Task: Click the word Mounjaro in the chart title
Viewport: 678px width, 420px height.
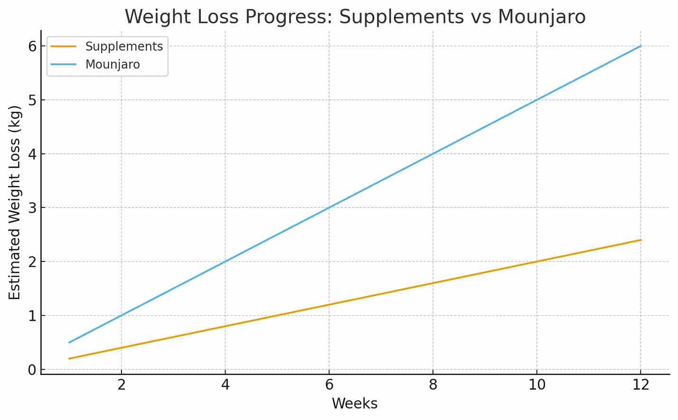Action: [541, 17]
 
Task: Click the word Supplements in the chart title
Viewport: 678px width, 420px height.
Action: [401, 17]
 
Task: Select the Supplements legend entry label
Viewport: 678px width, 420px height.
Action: [124, 47]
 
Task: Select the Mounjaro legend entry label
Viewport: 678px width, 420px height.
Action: [113, 65]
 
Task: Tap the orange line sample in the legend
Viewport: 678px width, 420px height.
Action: [64, 47]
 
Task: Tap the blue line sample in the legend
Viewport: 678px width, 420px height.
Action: [64, 65]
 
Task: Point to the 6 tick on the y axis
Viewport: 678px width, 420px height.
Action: [32, 47]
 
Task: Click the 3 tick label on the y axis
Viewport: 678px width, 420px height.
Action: [32, 208]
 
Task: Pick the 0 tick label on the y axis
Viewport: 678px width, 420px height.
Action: [32, 370]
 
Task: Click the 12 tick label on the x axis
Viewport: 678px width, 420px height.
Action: [641, 385]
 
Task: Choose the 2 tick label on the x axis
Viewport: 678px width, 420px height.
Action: [122, 385]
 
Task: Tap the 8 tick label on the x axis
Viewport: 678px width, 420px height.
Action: [433, 385]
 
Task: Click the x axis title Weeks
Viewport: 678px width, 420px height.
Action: [355, 404]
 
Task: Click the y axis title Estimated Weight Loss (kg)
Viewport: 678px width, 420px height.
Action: [15, 202]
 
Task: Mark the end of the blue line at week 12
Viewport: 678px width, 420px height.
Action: [640, 46]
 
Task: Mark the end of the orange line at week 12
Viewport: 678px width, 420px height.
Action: [640, 240]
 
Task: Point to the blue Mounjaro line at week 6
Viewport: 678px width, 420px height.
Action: [329, 207]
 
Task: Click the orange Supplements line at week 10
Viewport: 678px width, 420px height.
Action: [537, 261]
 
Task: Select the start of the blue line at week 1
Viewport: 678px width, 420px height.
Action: [70, 342]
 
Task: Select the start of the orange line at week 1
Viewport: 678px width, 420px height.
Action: [70, 358]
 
